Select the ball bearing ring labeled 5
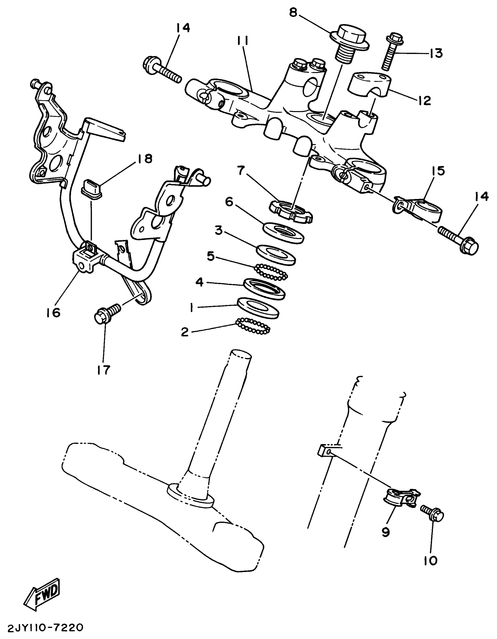(x=271, y=272)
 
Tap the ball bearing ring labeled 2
(x=253, y=326)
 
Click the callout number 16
(x=53, y=312)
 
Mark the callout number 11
(x=242, y=42)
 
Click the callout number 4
(x=199, y=283)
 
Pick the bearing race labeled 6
(x=284, y=232)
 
